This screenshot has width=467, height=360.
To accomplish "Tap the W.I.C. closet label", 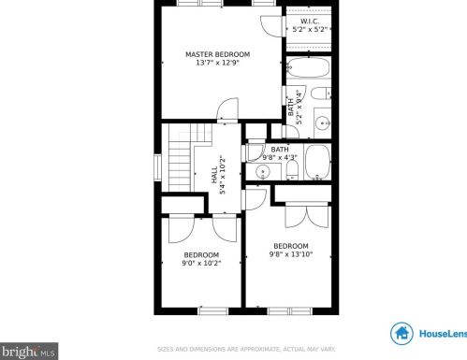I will pos(310,22).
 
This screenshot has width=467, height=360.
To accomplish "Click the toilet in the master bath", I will pos(320,94).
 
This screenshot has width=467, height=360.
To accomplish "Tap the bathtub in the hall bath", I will pos(315,164).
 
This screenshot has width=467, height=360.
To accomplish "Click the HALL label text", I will pos(214,176).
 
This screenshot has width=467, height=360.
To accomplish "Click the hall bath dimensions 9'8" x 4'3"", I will pos(279,158).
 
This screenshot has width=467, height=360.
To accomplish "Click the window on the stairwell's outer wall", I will pos(158,166).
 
